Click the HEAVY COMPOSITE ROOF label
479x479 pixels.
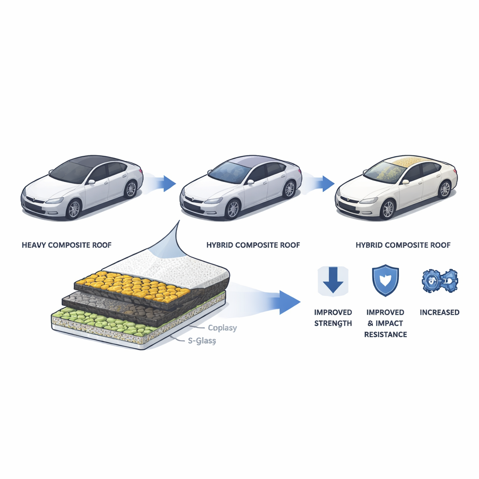coord(66,245)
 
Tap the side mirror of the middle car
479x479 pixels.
coord(251,182)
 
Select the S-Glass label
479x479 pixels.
coord(202,341)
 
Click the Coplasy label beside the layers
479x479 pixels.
coord(222,328)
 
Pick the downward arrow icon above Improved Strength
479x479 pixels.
coord(333,281)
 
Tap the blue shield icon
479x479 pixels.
coord(385,280)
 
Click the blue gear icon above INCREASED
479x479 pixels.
coord(440,281)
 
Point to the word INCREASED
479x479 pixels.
coord(439,312)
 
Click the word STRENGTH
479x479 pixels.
coord(333,323)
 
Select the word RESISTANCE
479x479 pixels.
coord(385,334)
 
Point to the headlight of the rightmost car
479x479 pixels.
coord(369,201)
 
